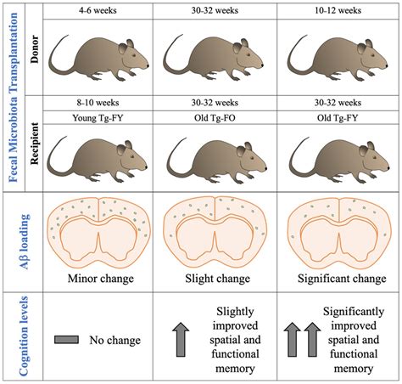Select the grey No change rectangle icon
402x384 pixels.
pyautogui.click(x=69, y=341)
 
